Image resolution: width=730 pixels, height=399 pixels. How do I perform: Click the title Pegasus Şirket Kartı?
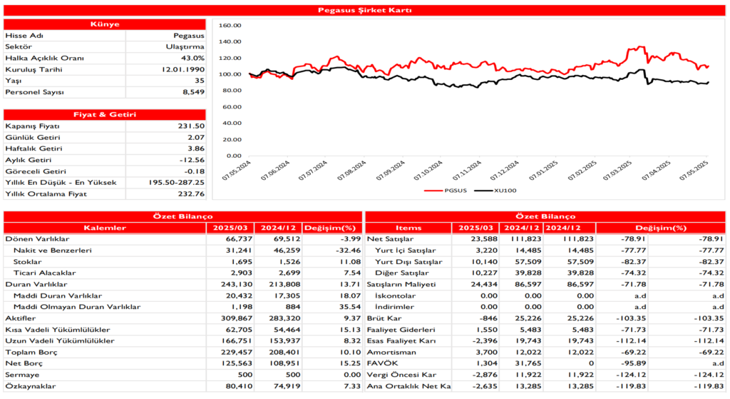click(x=364, y=10)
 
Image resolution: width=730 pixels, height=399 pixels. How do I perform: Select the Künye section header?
click(x=105, y=24)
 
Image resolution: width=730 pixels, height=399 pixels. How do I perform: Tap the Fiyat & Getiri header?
click(x=105, y=114)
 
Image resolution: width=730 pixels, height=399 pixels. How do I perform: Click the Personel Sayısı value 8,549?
click(x=190, y=92)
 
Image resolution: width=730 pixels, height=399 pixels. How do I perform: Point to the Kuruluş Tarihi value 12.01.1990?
click(x=183, y=69)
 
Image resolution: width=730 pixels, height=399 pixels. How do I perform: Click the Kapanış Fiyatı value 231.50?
click(x=191, y=126)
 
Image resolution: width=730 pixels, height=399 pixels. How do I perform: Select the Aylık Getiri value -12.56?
click(x=191, y=160)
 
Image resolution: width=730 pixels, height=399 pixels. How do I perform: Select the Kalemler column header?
click(x=105, y=228)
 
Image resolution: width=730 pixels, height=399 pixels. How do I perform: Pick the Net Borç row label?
click(x=21, y=364)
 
